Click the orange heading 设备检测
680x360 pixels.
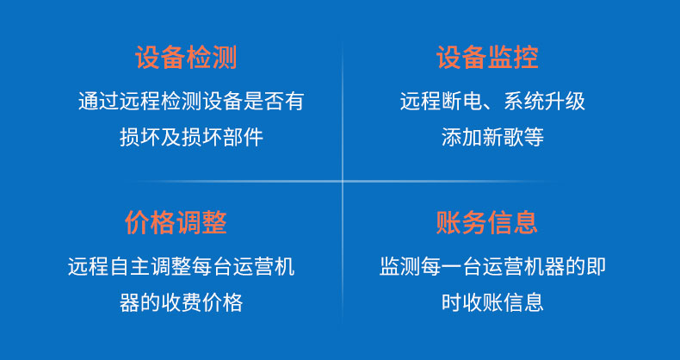pyautogui.click(x=187, y=58)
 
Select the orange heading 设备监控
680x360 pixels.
pyautogui.click(x=487, y=58)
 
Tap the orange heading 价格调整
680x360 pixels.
pyautogui.click(x=176, y=222)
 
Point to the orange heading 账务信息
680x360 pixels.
pyautogui.click(x=487, y=222)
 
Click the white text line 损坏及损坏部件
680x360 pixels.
pyautogui.click(x=191, y=138)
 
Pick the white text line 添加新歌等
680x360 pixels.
pyautogui.click(x=492, y=138)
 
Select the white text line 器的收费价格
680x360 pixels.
pyautogui.click(x=182, y=303)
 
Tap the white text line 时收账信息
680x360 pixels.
pyautogui.click(x=492, y=303)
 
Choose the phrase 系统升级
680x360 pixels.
pyautogui.click(x=545, y=102)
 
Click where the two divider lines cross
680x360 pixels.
pyautogui.click(x=343, y=181)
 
